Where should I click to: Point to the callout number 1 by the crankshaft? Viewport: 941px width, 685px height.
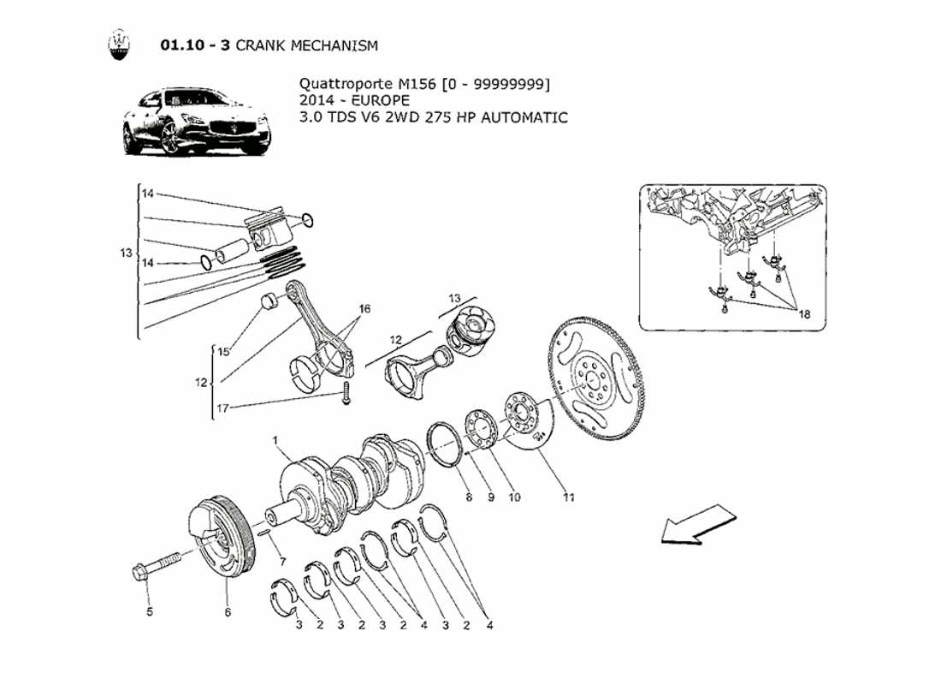277,440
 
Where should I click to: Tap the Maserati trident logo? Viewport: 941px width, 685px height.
120,45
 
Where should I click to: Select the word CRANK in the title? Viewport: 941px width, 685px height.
260,45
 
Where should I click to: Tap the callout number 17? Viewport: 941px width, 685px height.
222,408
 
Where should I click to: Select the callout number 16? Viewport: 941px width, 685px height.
364,308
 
